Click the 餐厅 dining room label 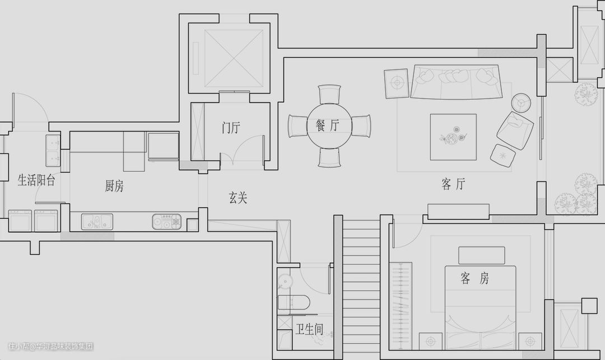pyautogui.click(x=327, y=125)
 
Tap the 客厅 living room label pyautogui.click(x=453, y=184)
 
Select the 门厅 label pyautogui.click(x=230, y=128)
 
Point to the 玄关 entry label pyautogui.click(x=238, y=198)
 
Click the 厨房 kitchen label pyautogui.click(x=114, y=186)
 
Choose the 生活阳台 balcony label pyautogui.click(x=36, y=180)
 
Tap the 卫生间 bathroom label pyautogui.click(x=309, y=329)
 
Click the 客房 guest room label pyautogui.click(x=474, y=278)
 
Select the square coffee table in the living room pyautogui.click(x=453, y=137)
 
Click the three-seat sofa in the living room pyautogui.click(x=455, y=82)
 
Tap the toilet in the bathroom pyautogui.click(x=294, y=303)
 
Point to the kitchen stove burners pyautogui.click(x=167, y=222)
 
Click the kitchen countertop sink pyautogui.click(x=97, y=222)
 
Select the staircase pyautogui.click(x=361, y=286)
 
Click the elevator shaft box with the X pyautogui.click(x=234, y=58)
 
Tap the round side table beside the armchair pyautogui.click(x=522, y=101)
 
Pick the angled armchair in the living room pyautogui.click(x=515, y=130)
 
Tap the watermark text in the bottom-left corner pyautogui.click(x=50, y=347)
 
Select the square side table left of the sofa pyautogui.click(x=397, y=83)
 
